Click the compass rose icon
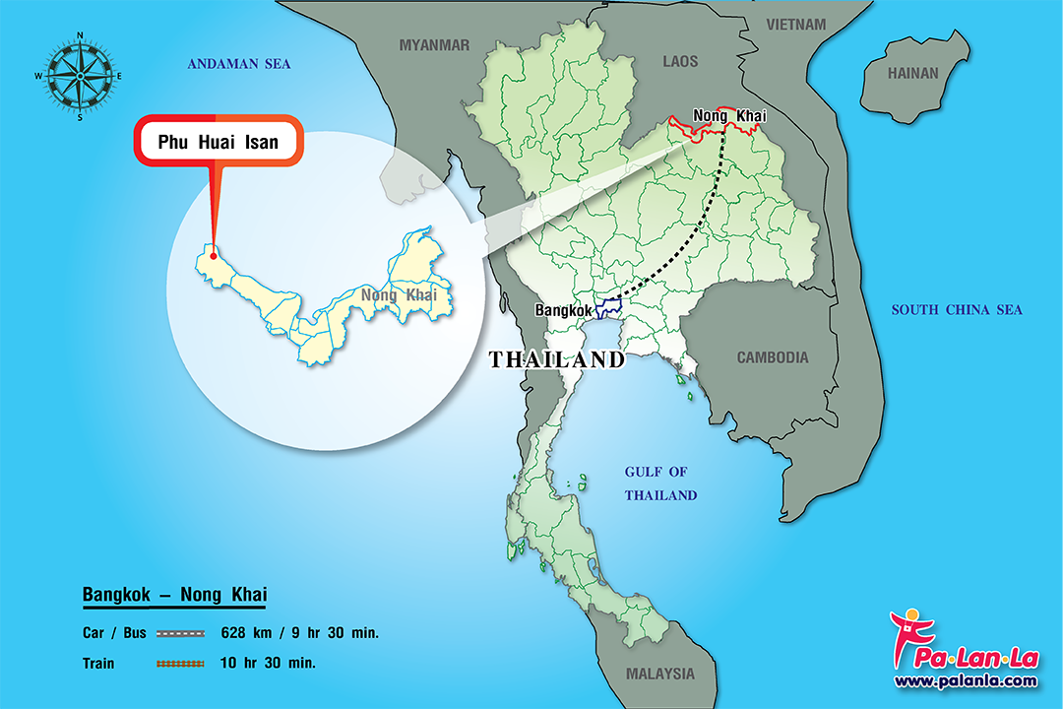pos(78,76)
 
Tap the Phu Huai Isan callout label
pos(218,142)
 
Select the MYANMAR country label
pos(434,44)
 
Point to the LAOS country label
pos(680,61)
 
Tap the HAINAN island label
pos(913,73)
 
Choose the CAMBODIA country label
pos(773,357)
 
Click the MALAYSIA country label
pos(659,675)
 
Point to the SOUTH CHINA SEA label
pos(957,310)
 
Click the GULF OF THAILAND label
pos(660,483)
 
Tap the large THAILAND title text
pos(557,360)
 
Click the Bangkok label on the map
pos(564,310)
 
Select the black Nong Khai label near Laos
pos(729,116)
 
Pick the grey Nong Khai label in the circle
pos(399,294)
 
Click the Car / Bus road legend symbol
pos(180,632)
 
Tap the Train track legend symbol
pos(180,664)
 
